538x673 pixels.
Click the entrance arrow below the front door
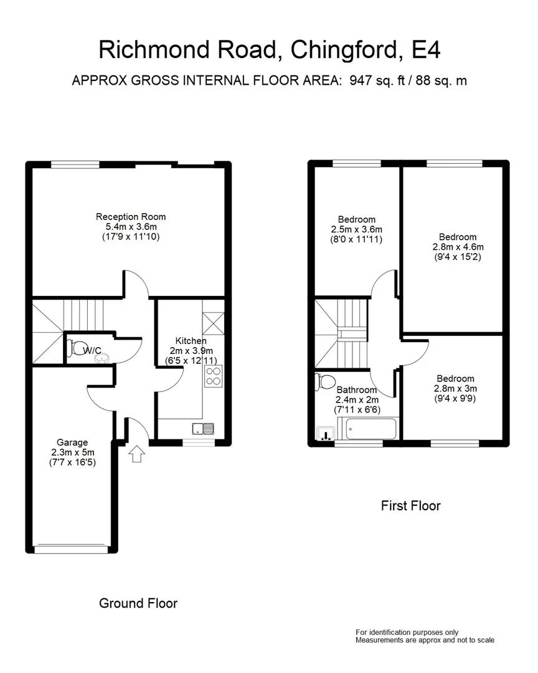coord(136,453)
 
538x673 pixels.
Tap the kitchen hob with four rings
coord(213,376)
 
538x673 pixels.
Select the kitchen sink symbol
coord(204,429)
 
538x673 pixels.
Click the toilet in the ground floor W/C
coord(77,346)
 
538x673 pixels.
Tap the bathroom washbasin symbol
coord(326,434)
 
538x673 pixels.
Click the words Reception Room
coord(131,217)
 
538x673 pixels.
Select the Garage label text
coord(72,442)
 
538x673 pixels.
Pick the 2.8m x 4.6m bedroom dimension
coord(458,247)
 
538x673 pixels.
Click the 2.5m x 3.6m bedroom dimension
coord(357,229)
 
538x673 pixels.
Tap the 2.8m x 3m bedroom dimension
coord(456,388)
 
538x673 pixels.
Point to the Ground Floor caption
coord(138,603)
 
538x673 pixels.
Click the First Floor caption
coord(410,505)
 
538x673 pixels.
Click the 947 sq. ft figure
coord(377,80)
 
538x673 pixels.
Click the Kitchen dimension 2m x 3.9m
coord(191,351)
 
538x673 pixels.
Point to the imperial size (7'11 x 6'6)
coord(357,409)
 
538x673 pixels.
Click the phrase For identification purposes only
coord(407,632)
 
